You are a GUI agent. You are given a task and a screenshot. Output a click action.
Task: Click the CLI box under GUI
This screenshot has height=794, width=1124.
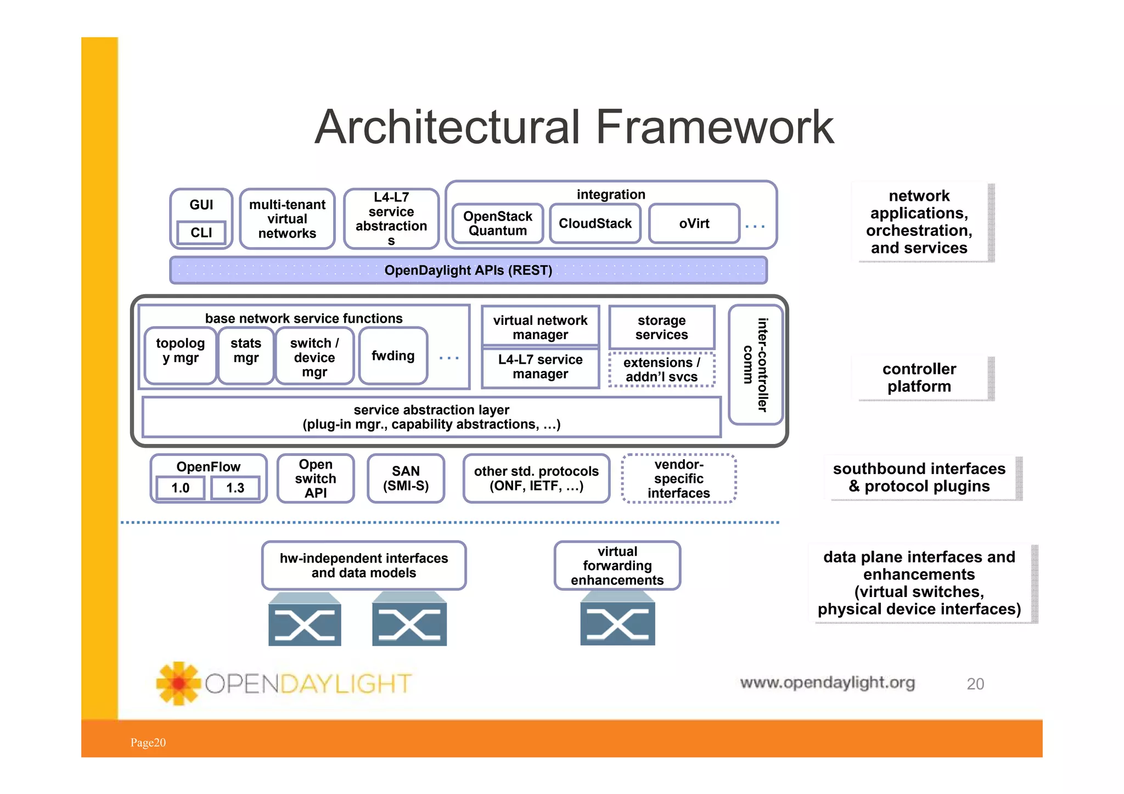coord(201,233)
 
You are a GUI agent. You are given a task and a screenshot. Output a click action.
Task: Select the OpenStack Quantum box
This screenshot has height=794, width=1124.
coord(497,223)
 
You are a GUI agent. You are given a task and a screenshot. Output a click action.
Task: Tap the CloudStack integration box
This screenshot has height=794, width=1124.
coord(595,223)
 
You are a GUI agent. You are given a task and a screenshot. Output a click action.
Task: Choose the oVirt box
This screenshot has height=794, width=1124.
coord(694,223)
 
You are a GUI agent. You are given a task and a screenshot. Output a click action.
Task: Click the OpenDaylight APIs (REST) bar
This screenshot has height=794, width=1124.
coord(468,270)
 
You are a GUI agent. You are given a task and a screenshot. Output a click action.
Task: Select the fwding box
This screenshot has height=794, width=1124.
coord(393,356)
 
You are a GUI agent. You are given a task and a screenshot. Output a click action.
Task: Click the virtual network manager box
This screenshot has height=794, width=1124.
coord(540,326)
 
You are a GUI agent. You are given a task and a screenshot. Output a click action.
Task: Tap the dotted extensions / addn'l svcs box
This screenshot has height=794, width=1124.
coord(661,370)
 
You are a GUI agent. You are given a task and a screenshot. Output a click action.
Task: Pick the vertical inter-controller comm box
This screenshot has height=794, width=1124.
coord(755,365)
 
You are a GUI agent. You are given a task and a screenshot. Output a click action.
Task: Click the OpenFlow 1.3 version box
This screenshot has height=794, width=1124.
coord(235,488)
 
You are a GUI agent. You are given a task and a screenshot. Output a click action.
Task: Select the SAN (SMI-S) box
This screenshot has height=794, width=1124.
coord(406,478)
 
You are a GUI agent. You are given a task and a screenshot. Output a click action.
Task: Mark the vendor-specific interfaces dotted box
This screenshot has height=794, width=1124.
coord(678,478)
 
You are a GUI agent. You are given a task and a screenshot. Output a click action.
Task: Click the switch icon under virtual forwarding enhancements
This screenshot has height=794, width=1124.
coord(617,623)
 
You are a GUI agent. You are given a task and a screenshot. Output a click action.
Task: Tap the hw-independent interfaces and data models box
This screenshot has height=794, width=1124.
coord(363,565)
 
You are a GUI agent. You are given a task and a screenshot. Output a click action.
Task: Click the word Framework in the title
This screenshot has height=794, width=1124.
coord(714,127)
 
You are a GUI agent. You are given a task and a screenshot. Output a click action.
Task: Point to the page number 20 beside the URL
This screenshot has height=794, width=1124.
coord(975,684)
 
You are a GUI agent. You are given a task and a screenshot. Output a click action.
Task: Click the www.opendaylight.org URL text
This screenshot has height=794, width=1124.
coord(827,683)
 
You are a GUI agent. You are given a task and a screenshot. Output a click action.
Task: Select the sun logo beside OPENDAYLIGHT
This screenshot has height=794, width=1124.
coord(178,683)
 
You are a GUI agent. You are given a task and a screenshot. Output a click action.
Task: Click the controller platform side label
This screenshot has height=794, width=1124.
coord(919,378)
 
